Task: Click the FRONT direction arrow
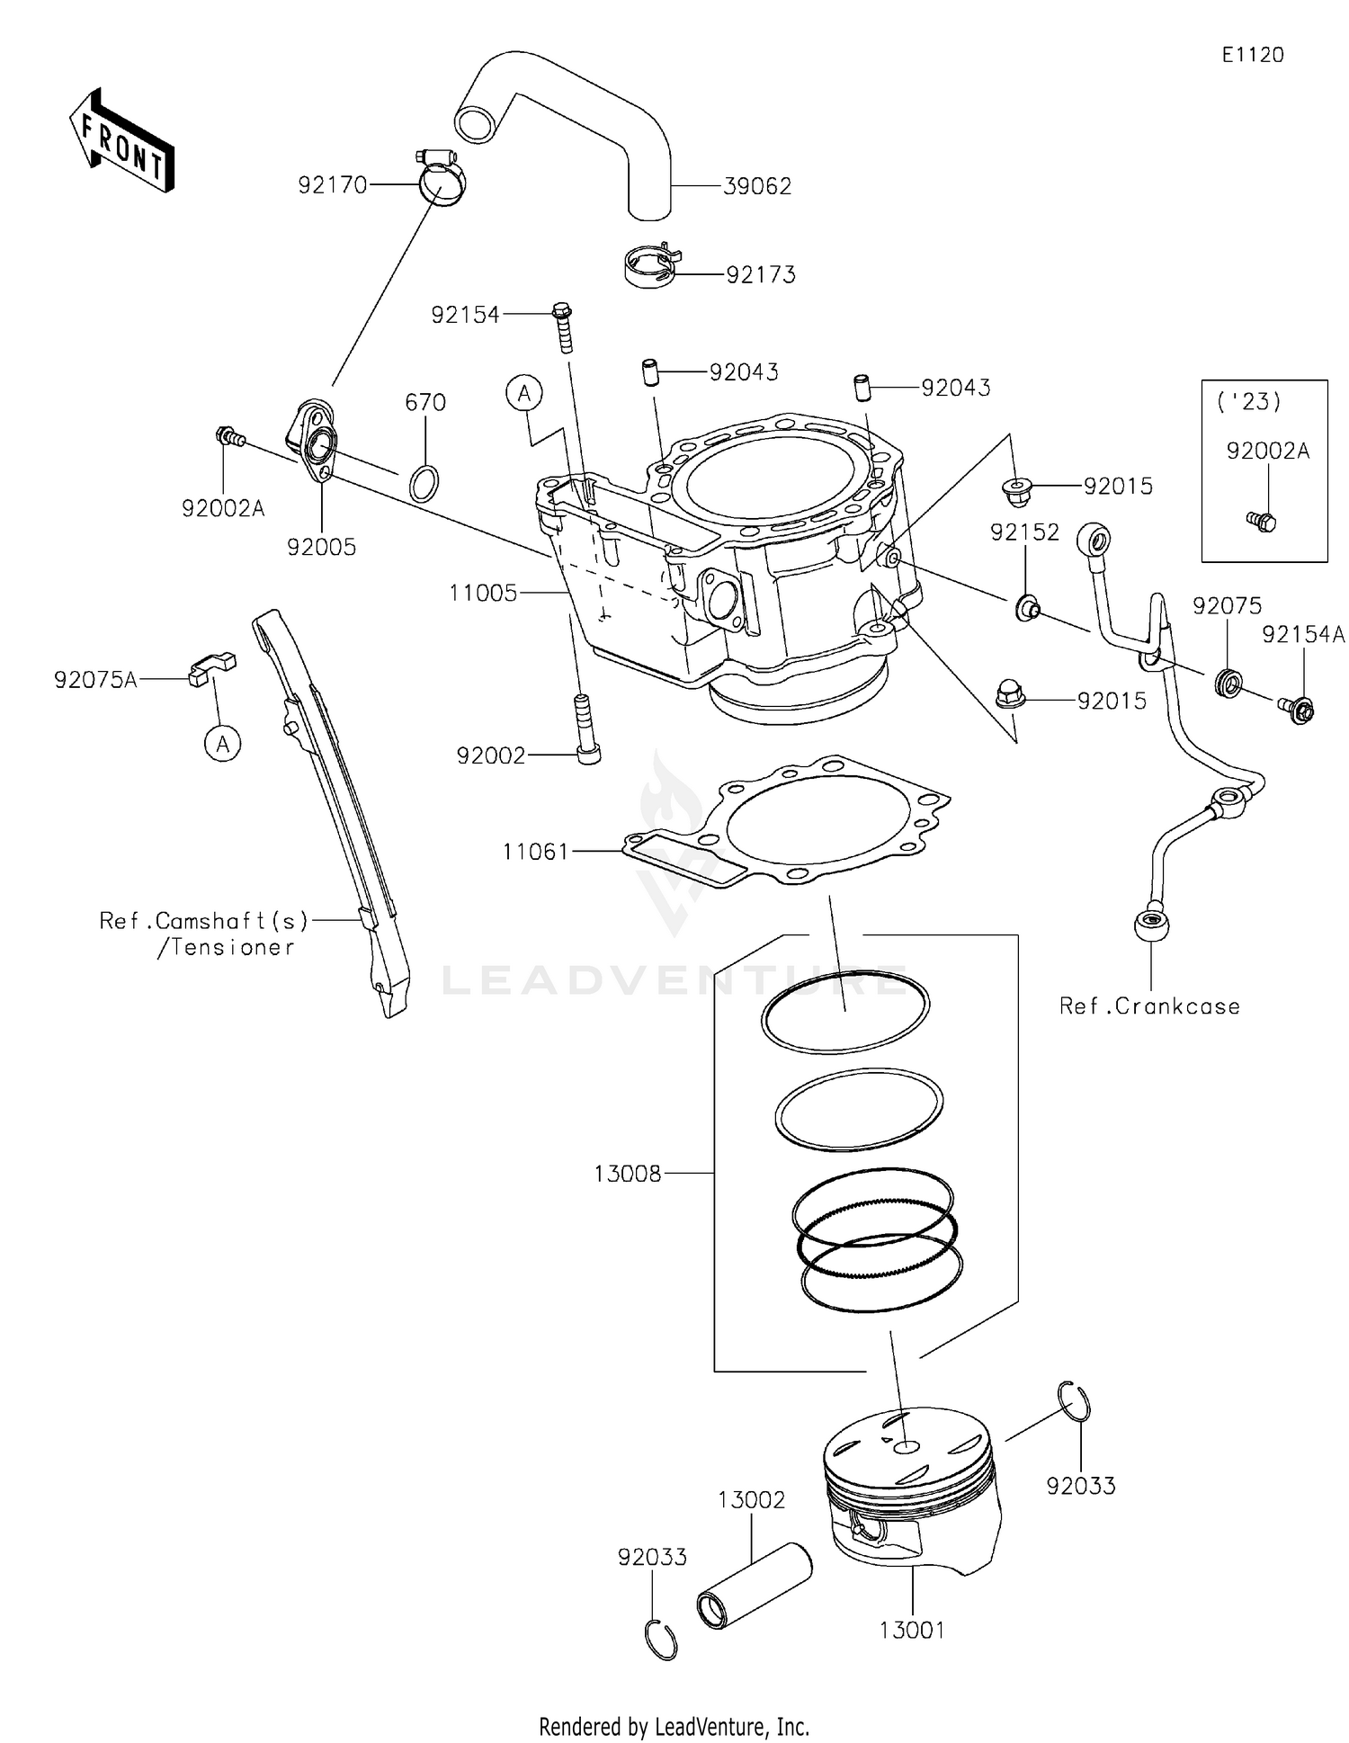pos(121,141)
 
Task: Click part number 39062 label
pos(757,186)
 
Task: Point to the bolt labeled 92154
pos(563,328)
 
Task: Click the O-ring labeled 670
pos(424,483)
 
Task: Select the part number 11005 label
pos(484,593)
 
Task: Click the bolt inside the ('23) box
pos(1263,521)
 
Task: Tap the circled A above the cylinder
pos(524,394)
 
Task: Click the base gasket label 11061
pos(536,850)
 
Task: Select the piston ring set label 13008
pos(628,1174)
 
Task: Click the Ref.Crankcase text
pos(1149,1006)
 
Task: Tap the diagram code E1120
pos(1253,55)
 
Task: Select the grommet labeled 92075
pos(1227,682)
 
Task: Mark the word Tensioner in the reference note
pos(232,947)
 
